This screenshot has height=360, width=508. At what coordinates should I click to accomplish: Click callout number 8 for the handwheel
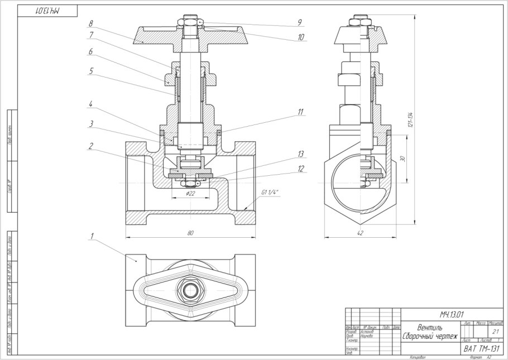click(90, 24)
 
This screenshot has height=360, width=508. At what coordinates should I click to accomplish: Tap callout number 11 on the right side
click(300, 112)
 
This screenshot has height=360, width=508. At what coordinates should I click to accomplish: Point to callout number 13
click(301, 153)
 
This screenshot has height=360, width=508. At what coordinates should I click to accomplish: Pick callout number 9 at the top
click(299, 23)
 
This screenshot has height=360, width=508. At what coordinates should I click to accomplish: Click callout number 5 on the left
click(90, 71)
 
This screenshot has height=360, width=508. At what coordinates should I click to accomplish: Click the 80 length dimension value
click(190, 233)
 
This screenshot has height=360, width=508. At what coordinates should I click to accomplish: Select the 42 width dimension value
click(360, 233)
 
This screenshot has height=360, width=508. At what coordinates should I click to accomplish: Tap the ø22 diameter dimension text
click(190, 194)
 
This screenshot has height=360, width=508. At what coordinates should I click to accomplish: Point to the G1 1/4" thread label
click(269, 193)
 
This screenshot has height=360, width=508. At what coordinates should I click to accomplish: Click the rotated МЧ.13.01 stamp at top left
click(47, 11)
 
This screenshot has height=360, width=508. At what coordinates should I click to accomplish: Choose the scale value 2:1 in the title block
click(495, 332)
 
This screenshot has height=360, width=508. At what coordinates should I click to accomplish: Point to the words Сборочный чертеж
click(429, 337)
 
